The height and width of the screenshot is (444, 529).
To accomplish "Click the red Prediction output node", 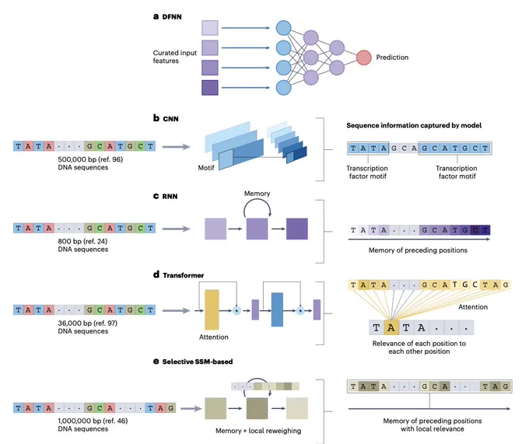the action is (x=364, y=58).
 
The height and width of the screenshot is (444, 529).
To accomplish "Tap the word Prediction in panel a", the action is (x=392, y=58).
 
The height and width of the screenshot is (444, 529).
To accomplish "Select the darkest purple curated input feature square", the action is (x=210, y=88).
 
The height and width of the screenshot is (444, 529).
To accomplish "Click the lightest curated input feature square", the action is (x=210, y=28).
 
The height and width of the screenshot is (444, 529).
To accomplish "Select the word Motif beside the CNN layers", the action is (x=206, y=167).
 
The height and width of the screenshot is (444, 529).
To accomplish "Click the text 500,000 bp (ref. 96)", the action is (x=90, y=159).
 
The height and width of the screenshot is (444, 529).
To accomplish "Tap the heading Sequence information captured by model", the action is (x=414, y=125).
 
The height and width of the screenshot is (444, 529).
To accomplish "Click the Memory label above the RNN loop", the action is (x=257, y=194).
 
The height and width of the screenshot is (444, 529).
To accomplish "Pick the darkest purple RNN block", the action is (x=297, y=229).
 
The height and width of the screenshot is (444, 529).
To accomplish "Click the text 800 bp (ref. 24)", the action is (x=82, y=241).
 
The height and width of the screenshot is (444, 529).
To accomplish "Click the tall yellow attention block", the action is (x=212, y=309).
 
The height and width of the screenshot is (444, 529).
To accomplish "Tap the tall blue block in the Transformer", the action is (x=277, y=309).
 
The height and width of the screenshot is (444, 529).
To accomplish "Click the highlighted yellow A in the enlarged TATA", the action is (x=391, y=327).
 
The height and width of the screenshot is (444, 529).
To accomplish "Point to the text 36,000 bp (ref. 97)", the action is (x=88, y=323).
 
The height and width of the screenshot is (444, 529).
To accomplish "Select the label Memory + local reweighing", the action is (x=258, y=431).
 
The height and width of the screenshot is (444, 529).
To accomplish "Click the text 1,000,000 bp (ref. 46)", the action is (x=93, y=421).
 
